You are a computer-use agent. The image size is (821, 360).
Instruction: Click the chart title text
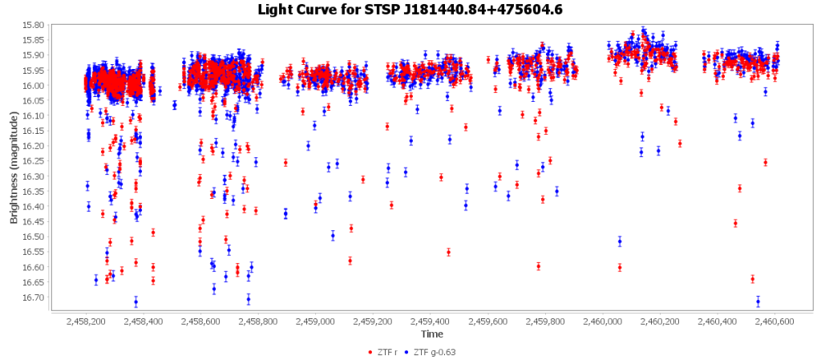(410, 10)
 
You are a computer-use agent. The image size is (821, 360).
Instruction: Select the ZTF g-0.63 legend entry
(433, 352)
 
